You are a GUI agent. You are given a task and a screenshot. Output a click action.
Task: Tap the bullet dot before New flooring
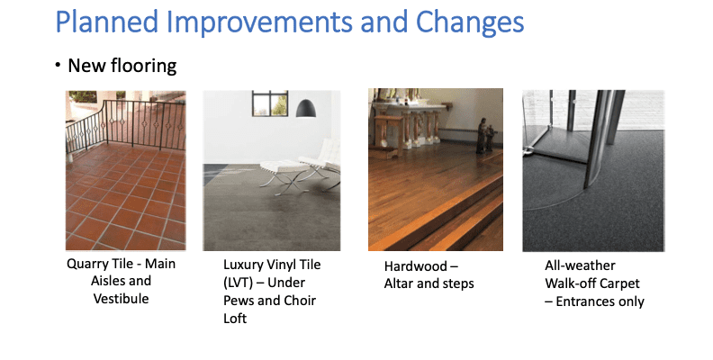pyautogui.click(x=57, y=66)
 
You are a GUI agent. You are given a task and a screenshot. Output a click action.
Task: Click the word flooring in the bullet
pyautogui.click(x=146, y=66)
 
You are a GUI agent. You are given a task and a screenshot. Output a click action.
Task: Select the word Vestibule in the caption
pyautogui.click(x=122, y=298)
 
